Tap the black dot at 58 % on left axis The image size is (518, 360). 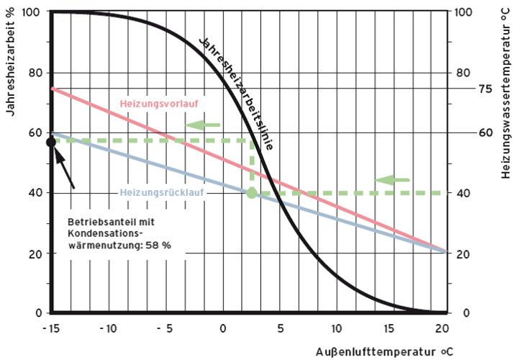(51, 142)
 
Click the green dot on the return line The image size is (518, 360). (251, 193)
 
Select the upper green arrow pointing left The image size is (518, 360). (201, 125)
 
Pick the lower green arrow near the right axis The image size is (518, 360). (392, 179)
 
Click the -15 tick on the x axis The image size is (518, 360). (50, 328)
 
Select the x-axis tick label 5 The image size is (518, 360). (280, 328)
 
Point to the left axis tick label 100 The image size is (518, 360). (33, 12)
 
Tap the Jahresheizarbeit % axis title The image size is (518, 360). (10, 72)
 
